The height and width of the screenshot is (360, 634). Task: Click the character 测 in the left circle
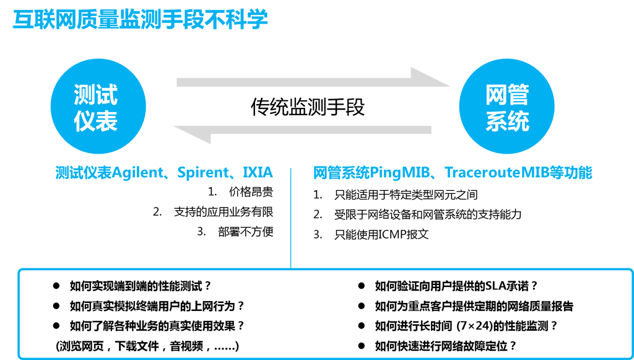(85, 95)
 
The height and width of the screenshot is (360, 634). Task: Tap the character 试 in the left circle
(106, 95)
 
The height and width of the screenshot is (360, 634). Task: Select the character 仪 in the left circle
(85, 120)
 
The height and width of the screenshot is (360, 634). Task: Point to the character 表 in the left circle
(106, 120)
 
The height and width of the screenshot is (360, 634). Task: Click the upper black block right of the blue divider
(396, 217)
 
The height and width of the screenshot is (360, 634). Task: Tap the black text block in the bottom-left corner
(155, 313)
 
